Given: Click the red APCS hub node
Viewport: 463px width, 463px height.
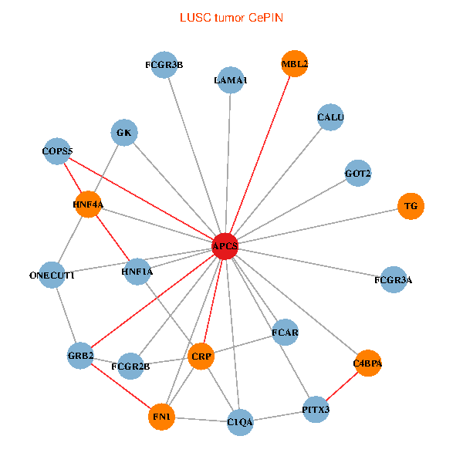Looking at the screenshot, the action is pyautogui.click(x=225, y=246).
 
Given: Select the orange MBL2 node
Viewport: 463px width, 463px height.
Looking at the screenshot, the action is pyautogui.click(x=295, y=64).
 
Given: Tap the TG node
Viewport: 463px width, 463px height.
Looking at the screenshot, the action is pyautogui.click(x=411, y=206).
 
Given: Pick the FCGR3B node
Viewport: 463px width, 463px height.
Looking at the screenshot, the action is pyautogui.click(x=164, y=65).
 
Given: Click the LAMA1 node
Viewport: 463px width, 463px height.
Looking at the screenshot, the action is pyautogui.click(x=231, y=80).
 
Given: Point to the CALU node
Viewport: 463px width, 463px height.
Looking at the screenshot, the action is pyautogui.click(x=330, y=117).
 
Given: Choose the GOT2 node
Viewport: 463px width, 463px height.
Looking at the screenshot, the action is pyautogui.click(x=358, y=174).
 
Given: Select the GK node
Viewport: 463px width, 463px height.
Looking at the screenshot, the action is pyautogui.click(x=124, y=133).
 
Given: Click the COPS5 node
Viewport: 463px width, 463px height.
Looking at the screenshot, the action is pyautogui.click(x=57, y=151).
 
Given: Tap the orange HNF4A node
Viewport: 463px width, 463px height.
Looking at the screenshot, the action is pyautogui.click(x=88, y=204).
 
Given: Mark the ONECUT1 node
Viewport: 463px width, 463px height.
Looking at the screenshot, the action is pyautogui.click(x=52, y=275).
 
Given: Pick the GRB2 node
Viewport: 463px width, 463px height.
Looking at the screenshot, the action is pyautogui.click(x=80, y=356).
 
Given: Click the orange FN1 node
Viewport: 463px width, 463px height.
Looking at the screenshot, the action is pyautogui.click(x=161, y=417).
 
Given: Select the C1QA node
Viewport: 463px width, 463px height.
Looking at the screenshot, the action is pyautogui.click(x=240, y=422).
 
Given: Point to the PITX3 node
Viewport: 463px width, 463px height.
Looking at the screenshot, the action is pyautogui.click(x=316, y=410).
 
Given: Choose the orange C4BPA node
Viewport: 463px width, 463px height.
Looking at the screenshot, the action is pyautogui.click(x=367, y=363).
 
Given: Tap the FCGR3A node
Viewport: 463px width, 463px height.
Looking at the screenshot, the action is pyautogui.click(x=394, y=279).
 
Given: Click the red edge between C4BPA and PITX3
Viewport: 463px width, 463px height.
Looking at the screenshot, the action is pyautogui.click(x=342, y=387).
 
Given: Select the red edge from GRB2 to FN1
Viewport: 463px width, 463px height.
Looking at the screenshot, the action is pyautogui.click(x=121, y=387).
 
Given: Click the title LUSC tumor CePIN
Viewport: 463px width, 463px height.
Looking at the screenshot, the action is pyautogui.click(x=231, y=18).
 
